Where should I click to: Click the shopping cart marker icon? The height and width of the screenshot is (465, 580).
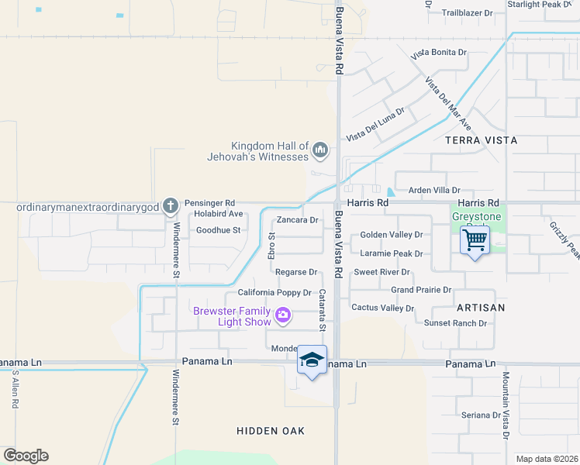(x=474, y=239)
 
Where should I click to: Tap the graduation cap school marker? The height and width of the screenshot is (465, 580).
(x=312, y=360)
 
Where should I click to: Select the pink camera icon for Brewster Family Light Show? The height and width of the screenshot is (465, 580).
(x=283, y=314)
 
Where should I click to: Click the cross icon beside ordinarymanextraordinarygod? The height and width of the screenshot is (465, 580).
(x=171, y=205)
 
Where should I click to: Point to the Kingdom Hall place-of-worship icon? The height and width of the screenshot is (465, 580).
(x=320, y=148)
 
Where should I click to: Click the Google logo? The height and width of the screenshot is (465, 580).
(x=26, y=456)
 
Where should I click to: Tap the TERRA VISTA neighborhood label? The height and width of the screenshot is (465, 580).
(x=474, y=140)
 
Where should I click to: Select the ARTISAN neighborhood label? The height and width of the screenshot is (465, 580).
(x=481, y=308)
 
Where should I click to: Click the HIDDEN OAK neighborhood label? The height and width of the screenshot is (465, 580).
(x=271, y=430)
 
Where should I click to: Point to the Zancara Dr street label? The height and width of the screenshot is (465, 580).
(x=298, y=220)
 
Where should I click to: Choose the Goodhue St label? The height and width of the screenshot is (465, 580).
(x=218, y=230)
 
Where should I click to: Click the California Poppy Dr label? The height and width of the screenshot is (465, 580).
(x=274, y=293)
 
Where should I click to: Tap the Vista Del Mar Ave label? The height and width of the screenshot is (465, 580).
(x=448, y=102)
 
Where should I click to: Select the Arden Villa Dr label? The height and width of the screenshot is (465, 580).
(x=434, y=190)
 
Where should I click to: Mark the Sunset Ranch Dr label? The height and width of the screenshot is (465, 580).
(x=455, y=323)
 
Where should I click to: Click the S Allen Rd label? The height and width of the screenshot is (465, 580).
(x=15, y=390)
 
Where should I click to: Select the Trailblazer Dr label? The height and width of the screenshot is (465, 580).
(x=467, y=13)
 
